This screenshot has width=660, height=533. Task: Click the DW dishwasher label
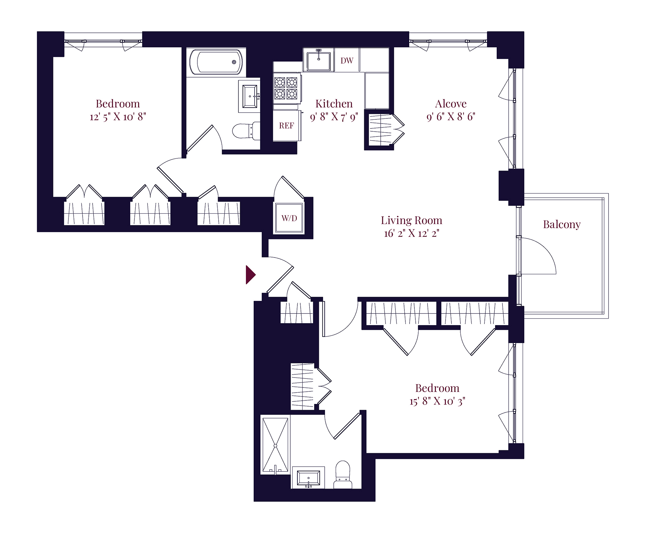347,61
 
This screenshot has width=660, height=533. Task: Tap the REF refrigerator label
286,126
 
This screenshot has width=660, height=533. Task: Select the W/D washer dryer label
289,218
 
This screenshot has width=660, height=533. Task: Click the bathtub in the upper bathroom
216,62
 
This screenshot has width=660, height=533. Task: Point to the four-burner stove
286,88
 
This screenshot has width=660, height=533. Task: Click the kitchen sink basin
319,61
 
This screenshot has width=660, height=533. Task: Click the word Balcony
562,225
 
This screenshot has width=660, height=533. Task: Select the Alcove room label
451,104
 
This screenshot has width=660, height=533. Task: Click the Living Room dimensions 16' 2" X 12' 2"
411,233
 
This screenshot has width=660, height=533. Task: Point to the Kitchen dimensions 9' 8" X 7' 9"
334,117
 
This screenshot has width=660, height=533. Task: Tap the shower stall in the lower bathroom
275,445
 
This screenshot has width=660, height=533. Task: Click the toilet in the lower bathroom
343,475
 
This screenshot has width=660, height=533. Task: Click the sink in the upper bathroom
250,96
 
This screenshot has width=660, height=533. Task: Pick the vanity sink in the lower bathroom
308,478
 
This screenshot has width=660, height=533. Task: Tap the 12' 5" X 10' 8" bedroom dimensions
118,117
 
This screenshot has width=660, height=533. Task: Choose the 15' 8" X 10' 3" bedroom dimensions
437,401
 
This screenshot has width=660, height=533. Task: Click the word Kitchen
334,104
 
